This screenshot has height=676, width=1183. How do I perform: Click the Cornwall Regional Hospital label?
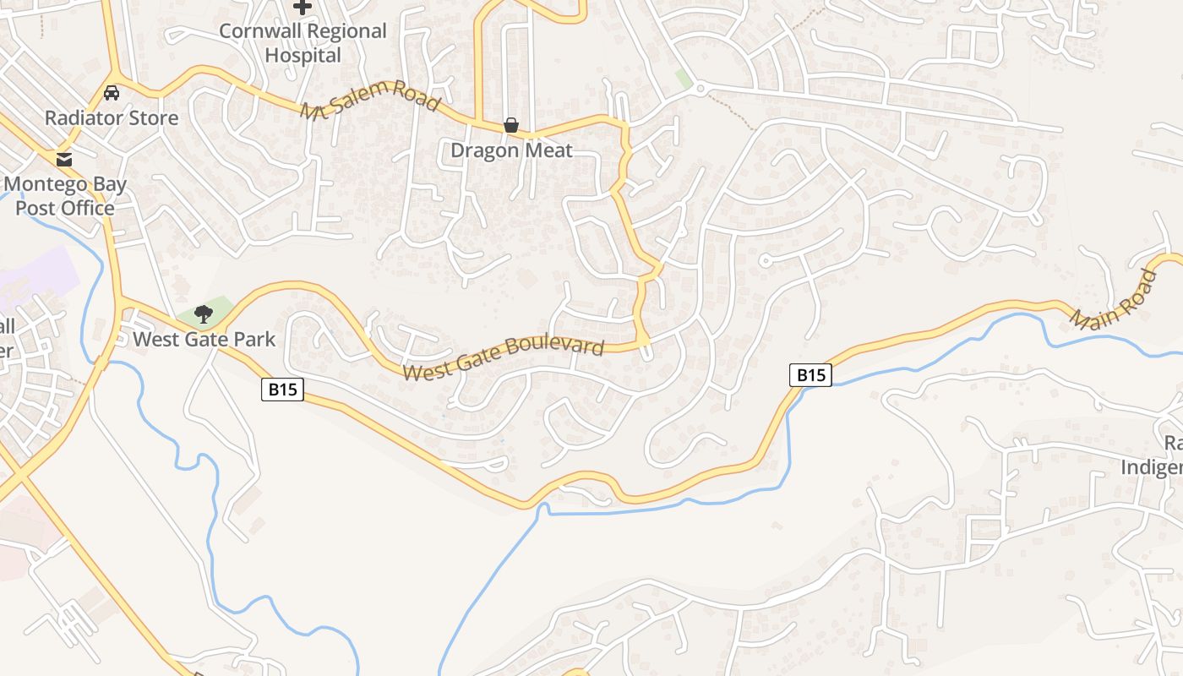coord(303,43)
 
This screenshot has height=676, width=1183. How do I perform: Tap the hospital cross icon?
coord(303,7)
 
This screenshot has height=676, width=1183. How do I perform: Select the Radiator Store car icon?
coord(112,93)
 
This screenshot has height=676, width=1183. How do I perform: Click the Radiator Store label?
coord(112,117)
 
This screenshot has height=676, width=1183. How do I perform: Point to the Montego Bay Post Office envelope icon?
coord(63,159)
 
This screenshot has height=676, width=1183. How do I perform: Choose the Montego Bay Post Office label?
coord(64,196)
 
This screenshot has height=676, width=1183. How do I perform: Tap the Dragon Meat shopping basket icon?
coord(511,126)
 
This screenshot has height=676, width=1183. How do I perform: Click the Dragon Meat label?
coord(511,150)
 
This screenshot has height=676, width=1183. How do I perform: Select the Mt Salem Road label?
coord(370,101)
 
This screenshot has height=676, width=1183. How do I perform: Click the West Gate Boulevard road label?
coord(504,359)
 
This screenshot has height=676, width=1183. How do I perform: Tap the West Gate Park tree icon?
coord(203,315)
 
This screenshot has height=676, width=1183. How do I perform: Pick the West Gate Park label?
coord(204,340)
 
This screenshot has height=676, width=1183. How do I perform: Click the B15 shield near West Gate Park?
coord(282,390)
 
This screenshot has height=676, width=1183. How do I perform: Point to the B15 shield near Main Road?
coord(810,374)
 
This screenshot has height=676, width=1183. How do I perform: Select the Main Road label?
coord(1115,300)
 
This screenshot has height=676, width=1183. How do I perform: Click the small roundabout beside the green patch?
coord(701,87)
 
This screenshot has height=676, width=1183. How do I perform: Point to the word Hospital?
coord(303,56)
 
